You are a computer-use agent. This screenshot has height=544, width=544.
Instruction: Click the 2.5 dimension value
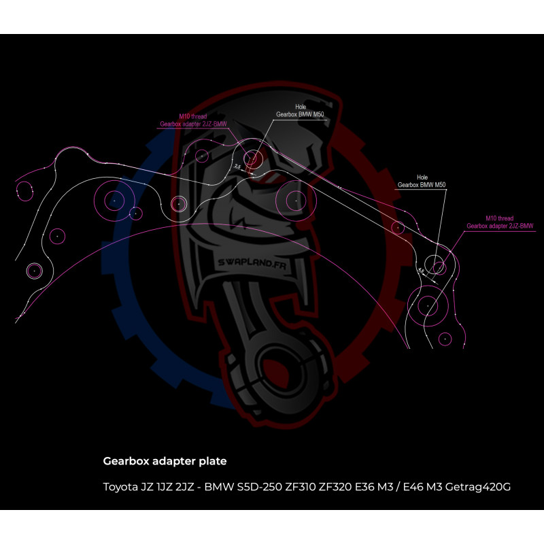click(237, 165)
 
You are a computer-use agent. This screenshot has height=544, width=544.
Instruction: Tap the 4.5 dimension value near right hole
click(421, 271)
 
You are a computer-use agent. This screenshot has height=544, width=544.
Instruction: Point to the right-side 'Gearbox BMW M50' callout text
click(422, 184)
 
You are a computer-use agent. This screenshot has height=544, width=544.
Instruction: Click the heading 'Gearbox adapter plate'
click(165, 461)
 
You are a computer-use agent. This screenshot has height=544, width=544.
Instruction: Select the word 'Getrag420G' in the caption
click(480, 487)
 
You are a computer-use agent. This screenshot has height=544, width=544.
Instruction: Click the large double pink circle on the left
click(114, 201)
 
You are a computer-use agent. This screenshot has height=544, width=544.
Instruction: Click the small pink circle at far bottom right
click(445, 337)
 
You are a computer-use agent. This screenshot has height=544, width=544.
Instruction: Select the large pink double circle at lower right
click(428, 306)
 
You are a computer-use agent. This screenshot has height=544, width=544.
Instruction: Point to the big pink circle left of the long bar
click(295, 200)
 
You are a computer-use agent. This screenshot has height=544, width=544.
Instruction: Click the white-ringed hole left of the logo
click(178, 204)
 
